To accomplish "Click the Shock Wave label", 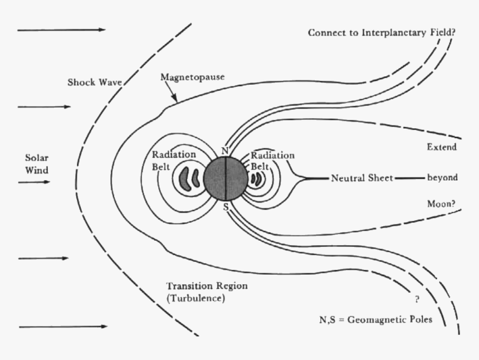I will point(95,82).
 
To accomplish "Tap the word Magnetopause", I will point(193,77).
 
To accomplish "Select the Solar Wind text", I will point(37,162).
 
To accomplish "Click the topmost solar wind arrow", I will point(61,30).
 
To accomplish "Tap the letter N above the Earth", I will point(225,151).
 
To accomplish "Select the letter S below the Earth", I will point(226,207).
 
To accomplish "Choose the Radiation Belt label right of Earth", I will point(272,160).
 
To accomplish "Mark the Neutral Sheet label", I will point(362,178).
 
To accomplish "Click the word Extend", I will point(442,148).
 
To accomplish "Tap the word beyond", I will point(442,178).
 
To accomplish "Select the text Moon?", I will point(441,204).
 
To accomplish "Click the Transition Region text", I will point(207,286).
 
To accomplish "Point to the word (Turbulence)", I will point(195,299).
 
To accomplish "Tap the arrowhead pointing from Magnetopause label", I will point(177,102).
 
